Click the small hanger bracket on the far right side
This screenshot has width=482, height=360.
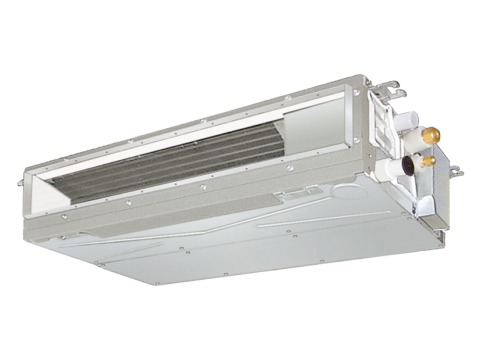pos(456,171)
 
